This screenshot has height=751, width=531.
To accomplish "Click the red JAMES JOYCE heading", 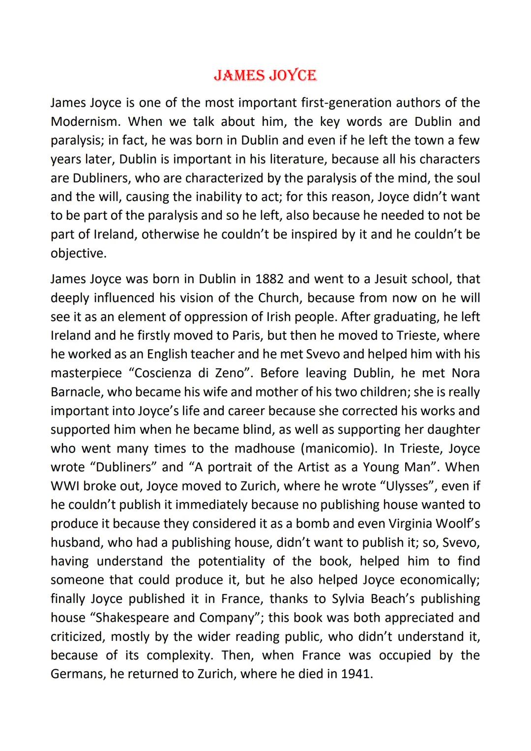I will click(x=265, y=75).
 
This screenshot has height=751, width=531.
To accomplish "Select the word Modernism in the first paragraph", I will click(x=82, y=121).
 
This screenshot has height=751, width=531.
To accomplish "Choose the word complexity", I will click(x=178, y=655).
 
